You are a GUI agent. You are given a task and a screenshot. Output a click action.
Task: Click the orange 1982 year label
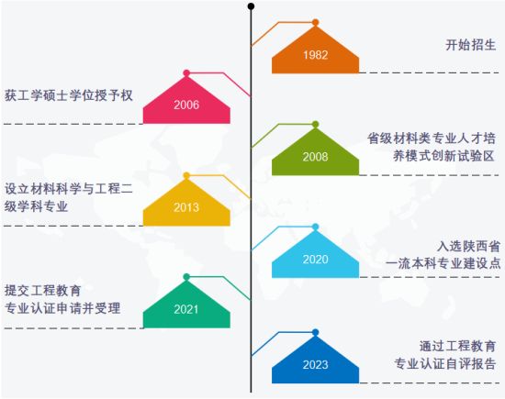tap(315, 55)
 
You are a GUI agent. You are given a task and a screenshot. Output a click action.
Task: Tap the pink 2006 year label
tap(186, 105)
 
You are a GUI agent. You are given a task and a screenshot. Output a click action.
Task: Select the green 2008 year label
tap(315, 157)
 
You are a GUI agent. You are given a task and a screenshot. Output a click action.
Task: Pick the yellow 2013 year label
tap(186, 207)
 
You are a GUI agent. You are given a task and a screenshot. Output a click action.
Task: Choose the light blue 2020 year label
tap(315, 260)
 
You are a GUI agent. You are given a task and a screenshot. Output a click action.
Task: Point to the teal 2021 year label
tap(186, 309)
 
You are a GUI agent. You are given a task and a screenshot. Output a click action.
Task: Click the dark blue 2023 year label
tap(315, 364)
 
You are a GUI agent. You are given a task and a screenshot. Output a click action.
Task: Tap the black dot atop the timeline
tap(252, 6)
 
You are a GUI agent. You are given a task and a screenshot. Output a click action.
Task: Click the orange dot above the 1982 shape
tap(315, 23)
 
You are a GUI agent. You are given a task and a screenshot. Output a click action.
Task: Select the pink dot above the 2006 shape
tap(186, 73)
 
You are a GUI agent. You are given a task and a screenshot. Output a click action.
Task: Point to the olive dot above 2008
tap(315, 124)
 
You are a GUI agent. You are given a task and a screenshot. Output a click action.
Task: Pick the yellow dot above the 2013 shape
tap(186, 176)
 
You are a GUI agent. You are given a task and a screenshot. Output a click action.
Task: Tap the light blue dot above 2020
tap(315, 227)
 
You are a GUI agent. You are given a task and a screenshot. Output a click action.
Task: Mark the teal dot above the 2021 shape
tap(186, 277)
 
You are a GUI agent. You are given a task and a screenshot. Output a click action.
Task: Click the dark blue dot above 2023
tap(315, 332)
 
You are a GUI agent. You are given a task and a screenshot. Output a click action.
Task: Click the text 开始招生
tap(471, 45)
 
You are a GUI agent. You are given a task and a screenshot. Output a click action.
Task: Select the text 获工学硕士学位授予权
tap(69, 95)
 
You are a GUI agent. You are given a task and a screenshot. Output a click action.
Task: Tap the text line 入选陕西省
tap(468, 247)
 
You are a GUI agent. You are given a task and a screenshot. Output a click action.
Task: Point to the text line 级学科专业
tap(36, 206)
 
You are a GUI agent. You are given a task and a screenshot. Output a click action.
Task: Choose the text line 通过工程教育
tap(457, 346)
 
